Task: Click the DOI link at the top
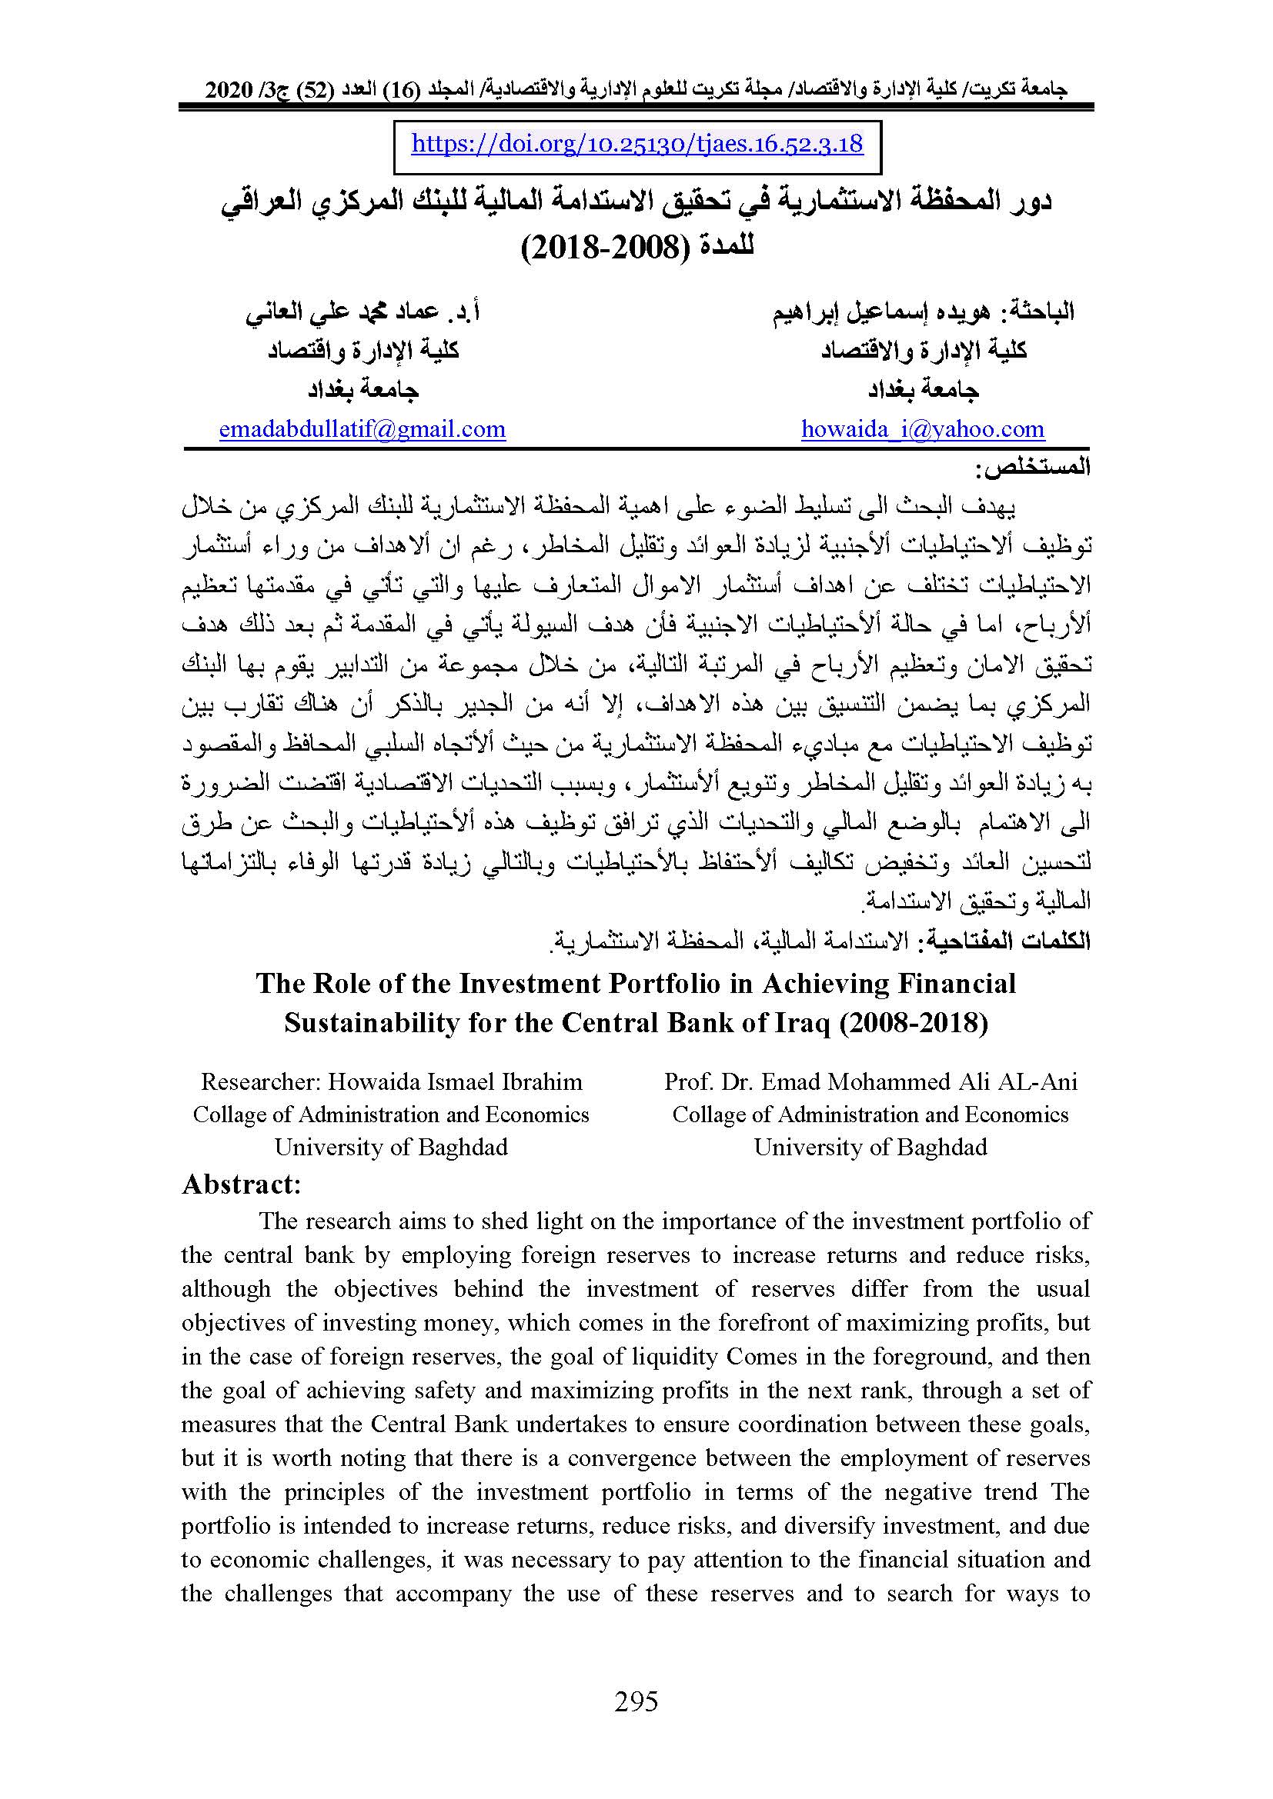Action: [636, 144]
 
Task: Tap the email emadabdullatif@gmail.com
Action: [363, 429]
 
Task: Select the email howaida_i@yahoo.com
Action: [923, 429]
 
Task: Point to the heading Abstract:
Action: [242, 1184]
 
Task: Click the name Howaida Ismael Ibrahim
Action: [455, 1082]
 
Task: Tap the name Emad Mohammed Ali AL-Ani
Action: [920, 1082]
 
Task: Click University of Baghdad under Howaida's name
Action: [390, 1147]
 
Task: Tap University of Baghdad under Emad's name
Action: [870, 1147]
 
